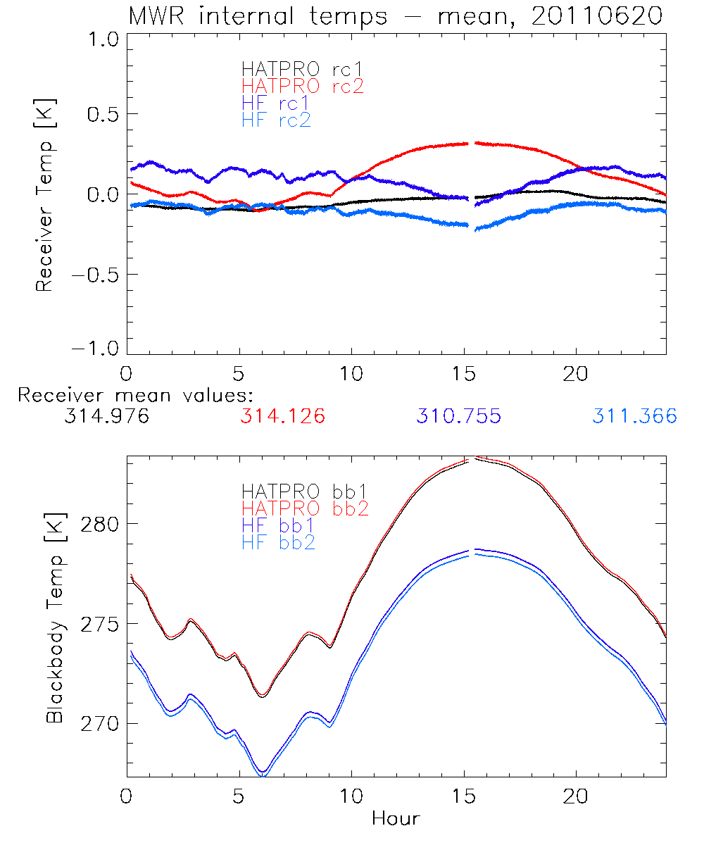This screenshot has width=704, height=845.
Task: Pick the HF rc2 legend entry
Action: [x=276, y=120]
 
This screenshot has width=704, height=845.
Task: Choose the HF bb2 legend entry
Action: [x=278, y=542]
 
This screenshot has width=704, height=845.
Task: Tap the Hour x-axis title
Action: [x=396, y=818]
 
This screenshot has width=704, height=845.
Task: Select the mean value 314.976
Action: [x=106, y=416]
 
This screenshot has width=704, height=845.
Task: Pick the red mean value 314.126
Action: [x=282, y=416]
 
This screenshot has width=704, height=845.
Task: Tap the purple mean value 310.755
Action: [x=458, y=416]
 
